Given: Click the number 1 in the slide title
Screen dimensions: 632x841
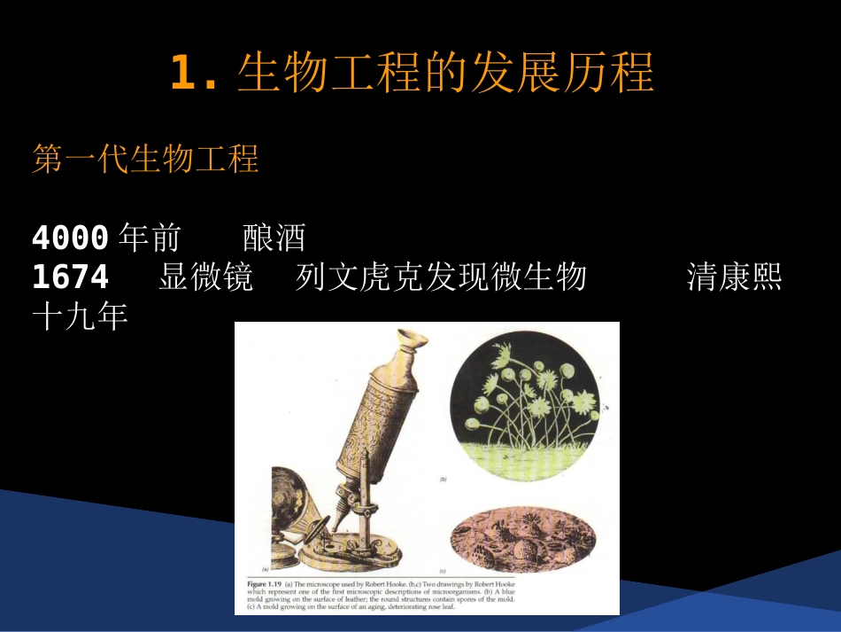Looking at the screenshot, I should pyautogui.click(x=182, y=74).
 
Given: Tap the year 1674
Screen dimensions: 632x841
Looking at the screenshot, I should pyautogui.click(x=70, y=278).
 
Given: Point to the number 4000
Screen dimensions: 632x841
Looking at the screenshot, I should pyautogui.click(x=70, y=238).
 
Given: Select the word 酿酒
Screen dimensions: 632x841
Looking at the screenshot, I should pyautogui.click(x=274, y=238).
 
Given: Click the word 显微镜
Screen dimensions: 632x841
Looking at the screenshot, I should pyautogui.click(x=205, y=278).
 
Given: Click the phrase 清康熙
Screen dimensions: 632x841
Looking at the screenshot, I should pyautogui.click(x=735, y=278).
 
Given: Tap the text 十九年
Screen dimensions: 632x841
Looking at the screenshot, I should pyautogui.click(x=80, y=316).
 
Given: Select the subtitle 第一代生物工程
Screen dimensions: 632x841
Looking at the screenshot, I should pyautogui.click(x=145, y=160).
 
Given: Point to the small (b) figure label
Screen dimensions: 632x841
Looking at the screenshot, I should pyautogui.click(x=443, y=480).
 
